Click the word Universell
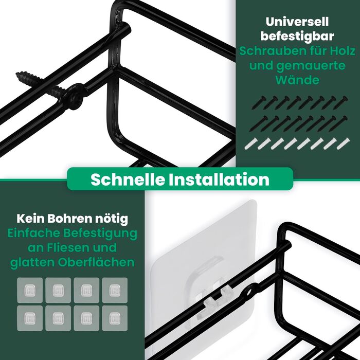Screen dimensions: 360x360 [297, 22]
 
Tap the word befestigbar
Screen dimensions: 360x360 [297, 37]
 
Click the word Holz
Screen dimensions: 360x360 [343, 51]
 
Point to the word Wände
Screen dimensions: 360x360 [297, 80]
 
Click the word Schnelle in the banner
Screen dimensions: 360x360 [128, 179]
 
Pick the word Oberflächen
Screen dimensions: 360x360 [96, 262]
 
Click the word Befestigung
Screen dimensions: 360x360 [100, 233]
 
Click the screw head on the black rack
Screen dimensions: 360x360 [73, 97]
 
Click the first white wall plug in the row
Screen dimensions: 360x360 [251, 143]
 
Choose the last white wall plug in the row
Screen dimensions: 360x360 [343, 143]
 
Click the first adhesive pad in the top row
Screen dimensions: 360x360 [30, 290]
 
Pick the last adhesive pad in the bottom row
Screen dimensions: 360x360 [115, 318]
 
